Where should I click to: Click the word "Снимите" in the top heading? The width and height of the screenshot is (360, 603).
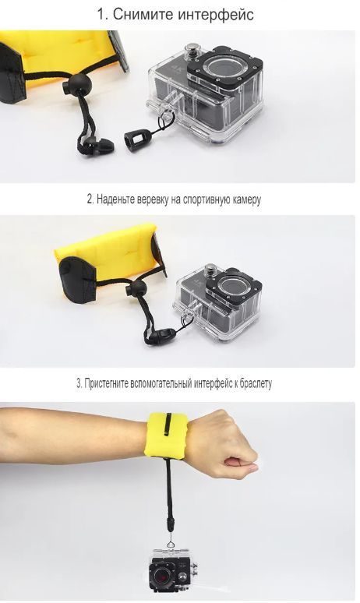(143, 15)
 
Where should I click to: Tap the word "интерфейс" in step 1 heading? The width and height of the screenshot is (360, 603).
(216, 15)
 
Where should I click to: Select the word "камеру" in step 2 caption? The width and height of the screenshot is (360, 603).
(247, 199)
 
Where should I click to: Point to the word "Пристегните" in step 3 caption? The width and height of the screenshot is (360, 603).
(107, 383)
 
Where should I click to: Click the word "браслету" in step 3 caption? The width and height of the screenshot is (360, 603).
(256, 383)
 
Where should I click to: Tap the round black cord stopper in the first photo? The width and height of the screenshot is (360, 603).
(77, 83)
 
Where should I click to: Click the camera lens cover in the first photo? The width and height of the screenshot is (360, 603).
(224, 67)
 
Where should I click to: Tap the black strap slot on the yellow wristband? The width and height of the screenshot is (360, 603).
(168, 425)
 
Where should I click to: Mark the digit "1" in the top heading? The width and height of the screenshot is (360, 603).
(101, 15)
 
